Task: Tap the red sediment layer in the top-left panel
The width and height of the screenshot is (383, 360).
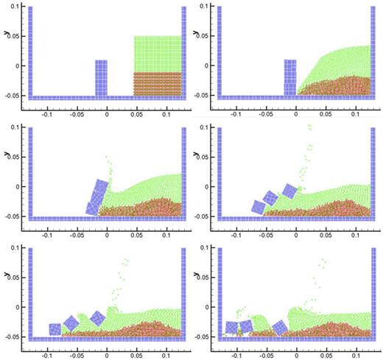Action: click(x=157, y=83)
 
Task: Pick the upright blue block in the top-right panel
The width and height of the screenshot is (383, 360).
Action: click(x=290, y=77)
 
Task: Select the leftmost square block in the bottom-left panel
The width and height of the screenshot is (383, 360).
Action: click(x=55, y=329)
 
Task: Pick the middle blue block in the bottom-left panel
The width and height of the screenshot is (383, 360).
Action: click(x=72, y=322)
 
